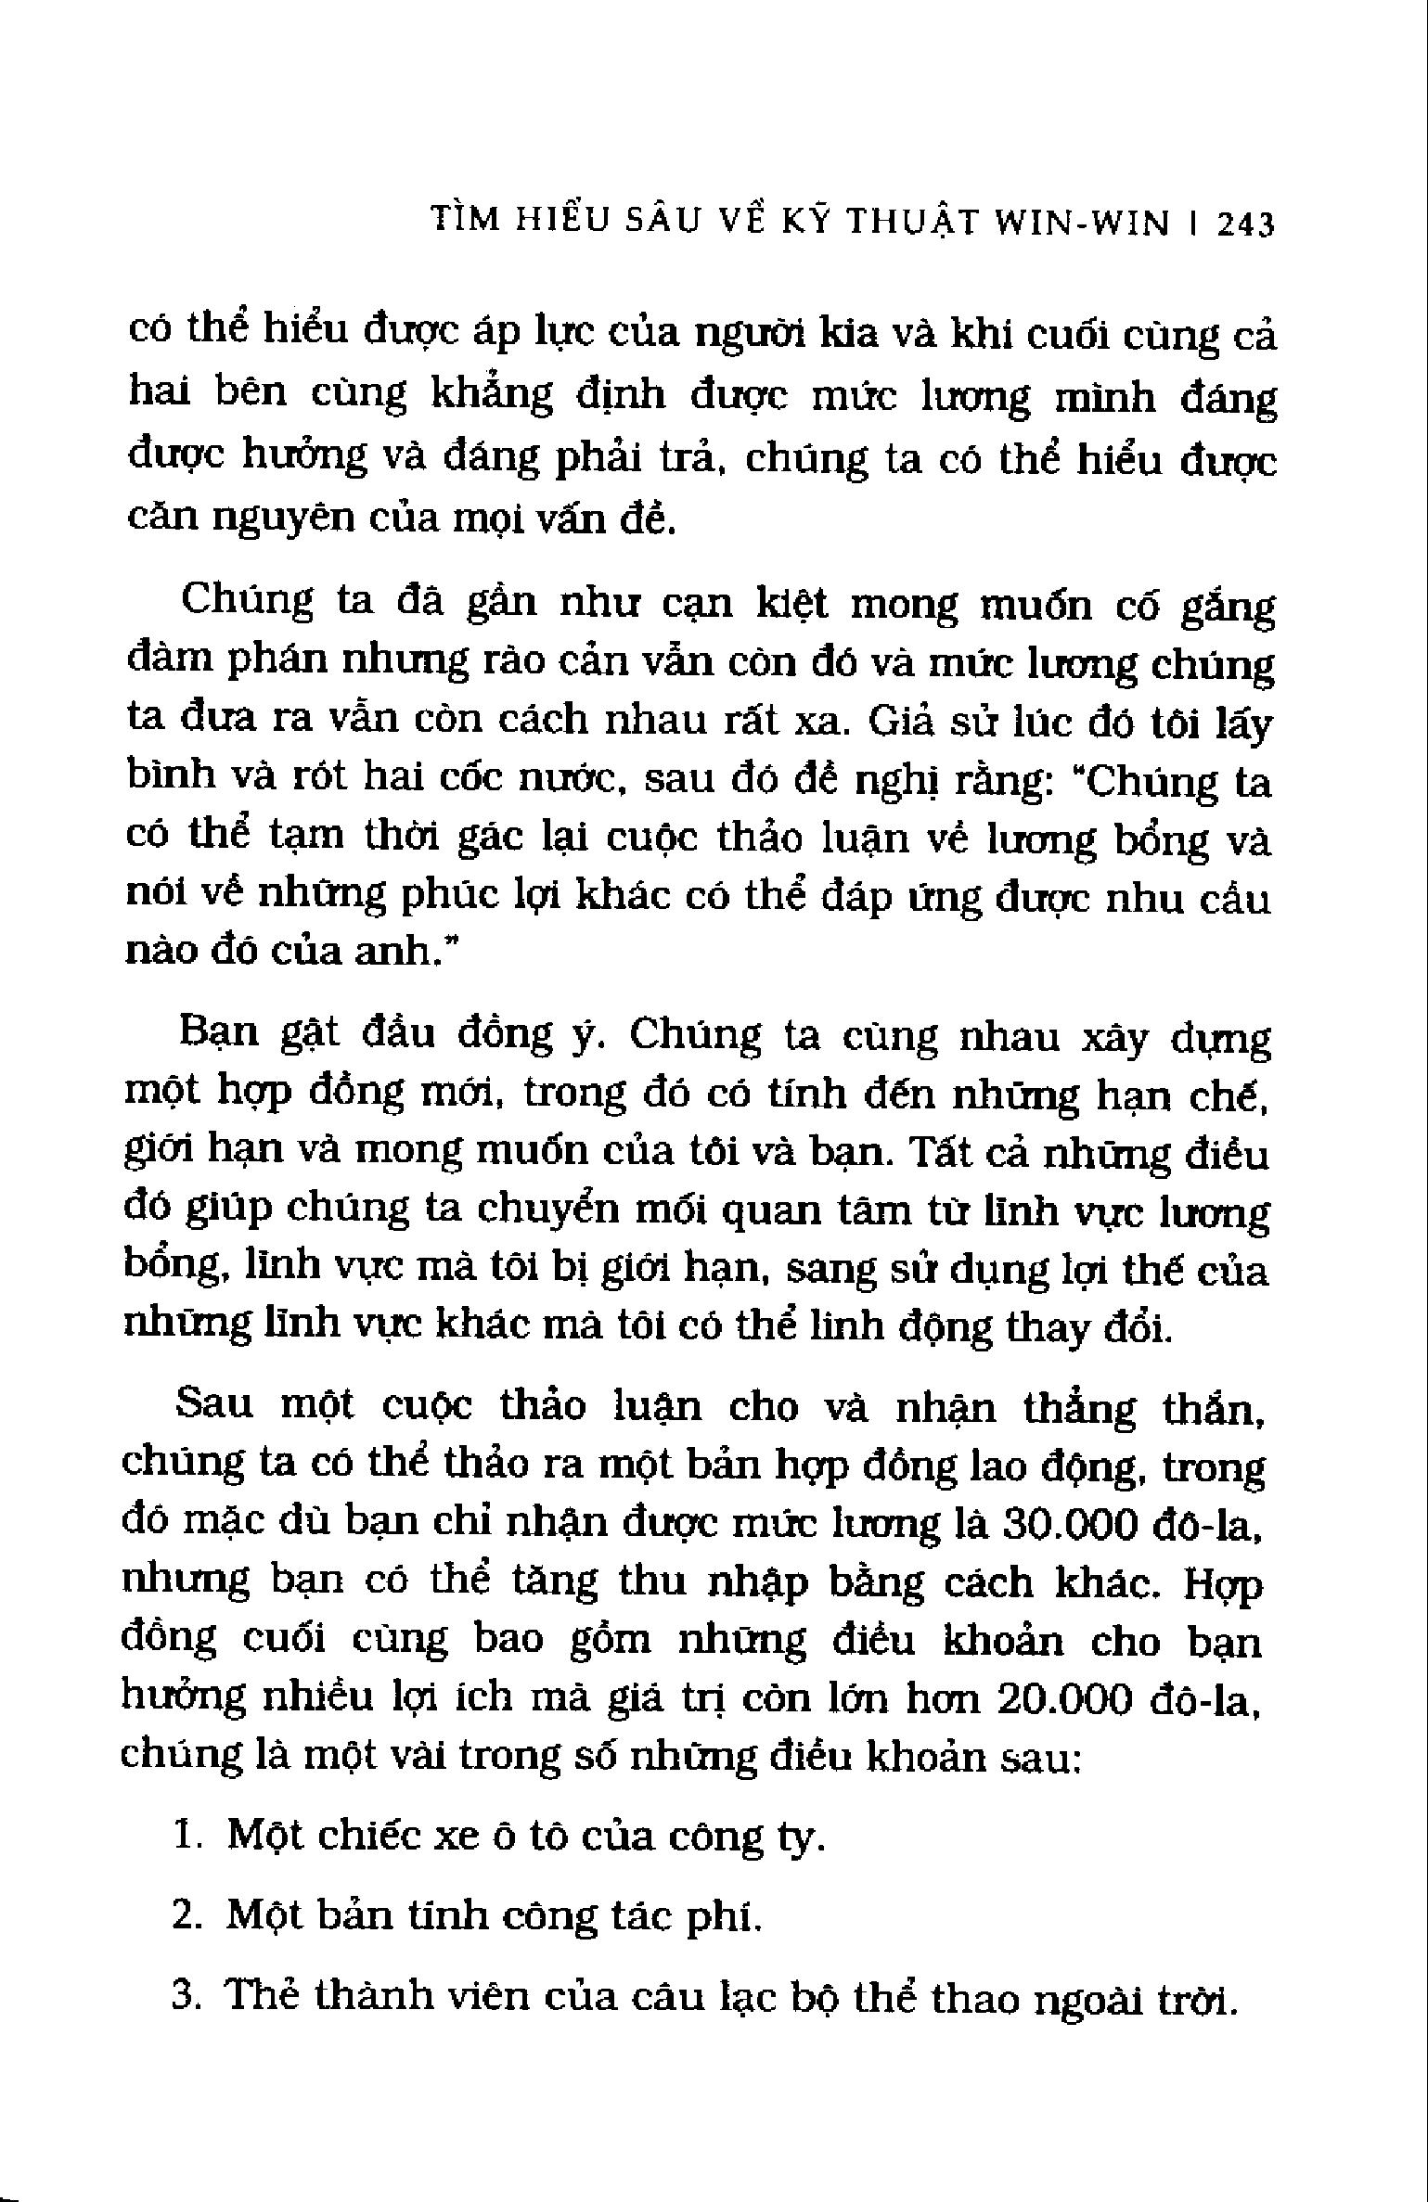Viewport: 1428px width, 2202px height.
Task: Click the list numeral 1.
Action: [x=186, y=1836]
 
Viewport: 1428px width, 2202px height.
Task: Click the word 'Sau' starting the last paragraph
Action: [x=214, y=1406]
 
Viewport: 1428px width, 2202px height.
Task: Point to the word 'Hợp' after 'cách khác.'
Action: [x=1225, y=1586]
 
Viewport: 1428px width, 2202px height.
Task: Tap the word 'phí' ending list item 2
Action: [x=735, y=1918]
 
